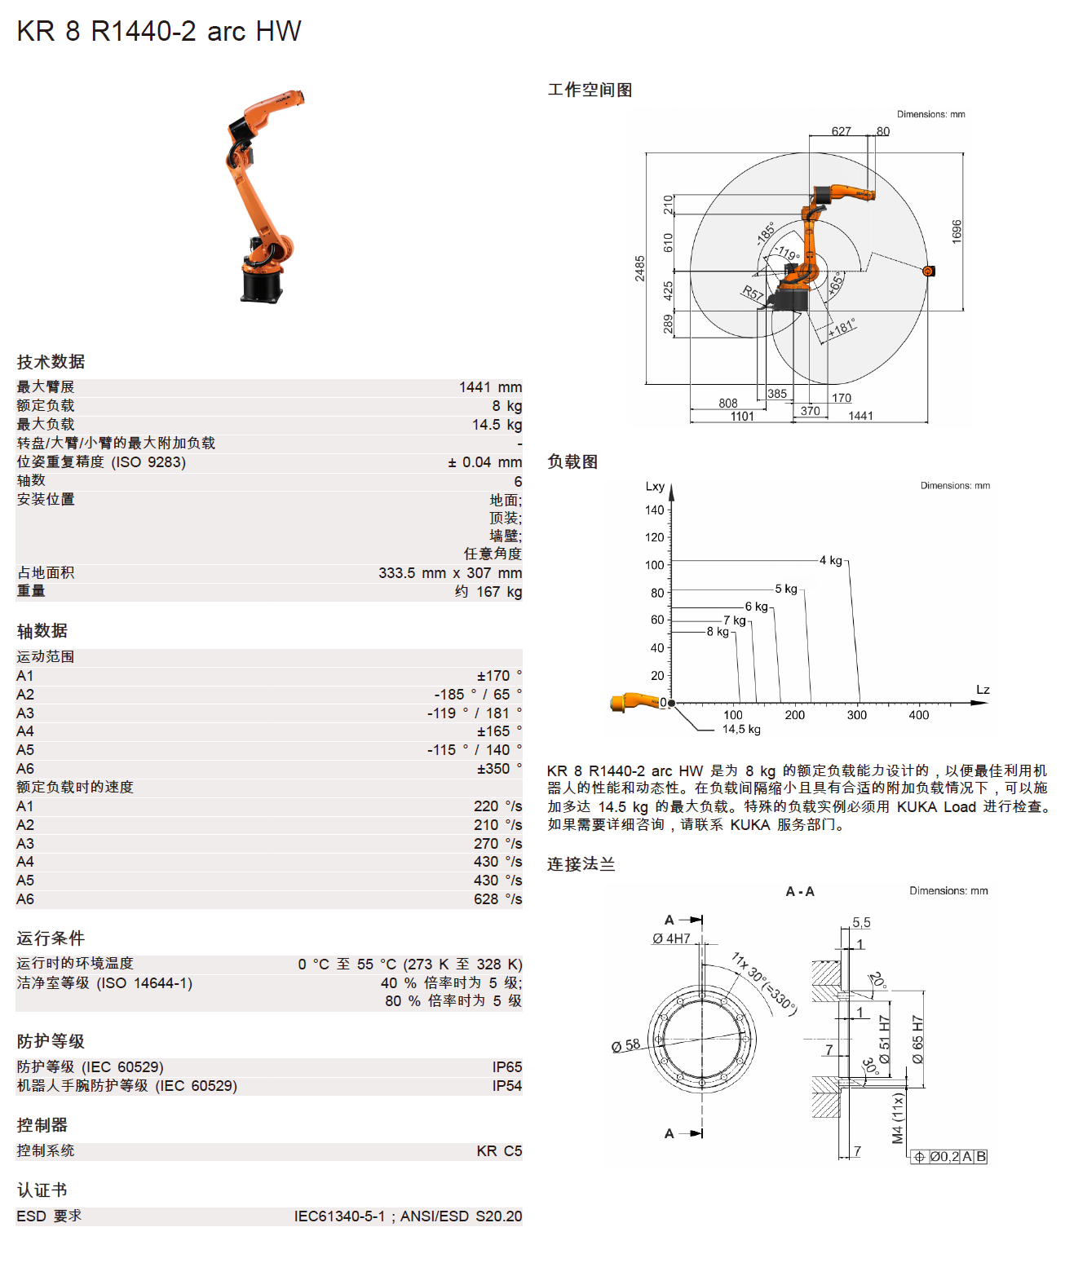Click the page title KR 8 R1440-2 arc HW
click(159, 32)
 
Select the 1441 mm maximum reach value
click(490, 387)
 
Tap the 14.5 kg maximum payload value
click(497, 425)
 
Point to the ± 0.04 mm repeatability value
click(484, 462)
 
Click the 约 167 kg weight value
click(488, 592)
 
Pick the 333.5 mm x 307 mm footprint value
click(450, 573)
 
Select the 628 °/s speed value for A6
click(497, 899)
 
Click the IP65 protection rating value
click(506, 1067)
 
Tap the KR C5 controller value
click(499, 1151)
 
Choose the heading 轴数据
click(42, 631)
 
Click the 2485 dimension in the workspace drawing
click(640, 268)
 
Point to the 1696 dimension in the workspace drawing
click(957, 231)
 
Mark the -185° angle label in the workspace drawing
click(766, 233)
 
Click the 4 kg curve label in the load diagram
click(831, 560)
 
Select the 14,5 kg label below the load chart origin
click(741, 730)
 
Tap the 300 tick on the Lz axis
click(856, 715)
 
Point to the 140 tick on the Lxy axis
click(655, 510)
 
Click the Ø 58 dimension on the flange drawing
click(625, 1045)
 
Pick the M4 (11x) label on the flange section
click(898, 1118)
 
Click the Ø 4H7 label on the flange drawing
click(671, 938)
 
